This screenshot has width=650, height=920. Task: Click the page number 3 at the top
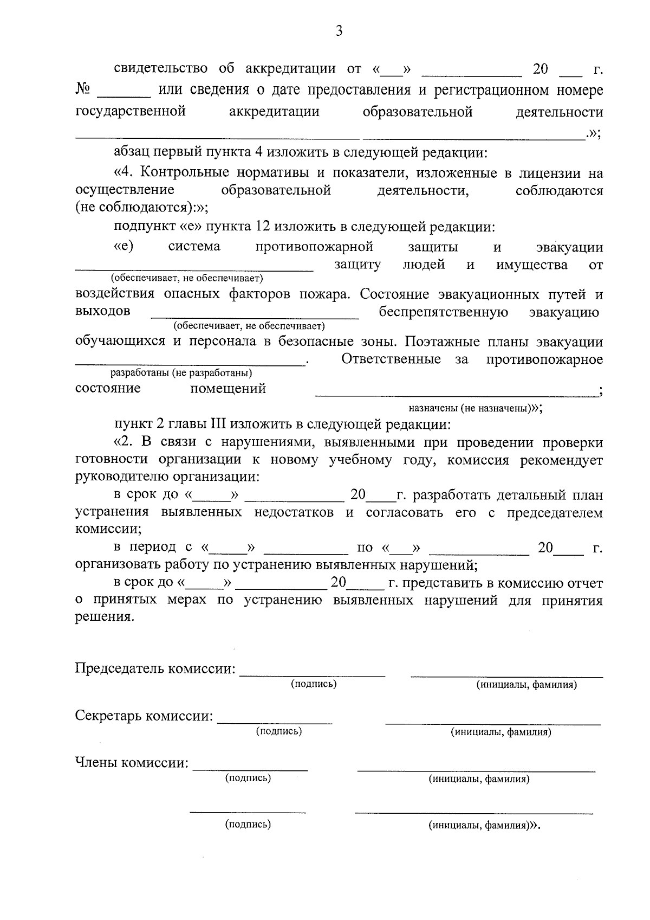(339, 31)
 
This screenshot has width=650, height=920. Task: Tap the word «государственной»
(131, 112)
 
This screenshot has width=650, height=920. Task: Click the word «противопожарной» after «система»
(314, 247)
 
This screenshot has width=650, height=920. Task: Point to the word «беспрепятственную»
(443, 312)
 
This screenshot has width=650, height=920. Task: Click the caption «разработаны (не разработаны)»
(181, 373)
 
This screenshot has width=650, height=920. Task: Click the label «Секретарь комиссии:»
(144, 716)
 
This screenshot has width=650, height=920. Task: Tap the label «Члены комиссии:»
(132, 763)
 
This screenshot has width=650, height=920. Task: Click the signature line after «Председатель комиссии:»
(312, 674)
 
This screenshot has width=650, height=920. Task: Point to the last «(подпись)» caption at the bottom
(248, 825)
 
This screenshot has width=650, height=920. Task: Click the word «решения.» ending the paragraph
(104, 617)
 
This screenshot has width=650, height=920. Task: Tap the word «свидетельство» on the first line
(161, 69)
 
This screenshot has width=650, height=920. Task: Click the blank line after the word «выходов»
(255, 316)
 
